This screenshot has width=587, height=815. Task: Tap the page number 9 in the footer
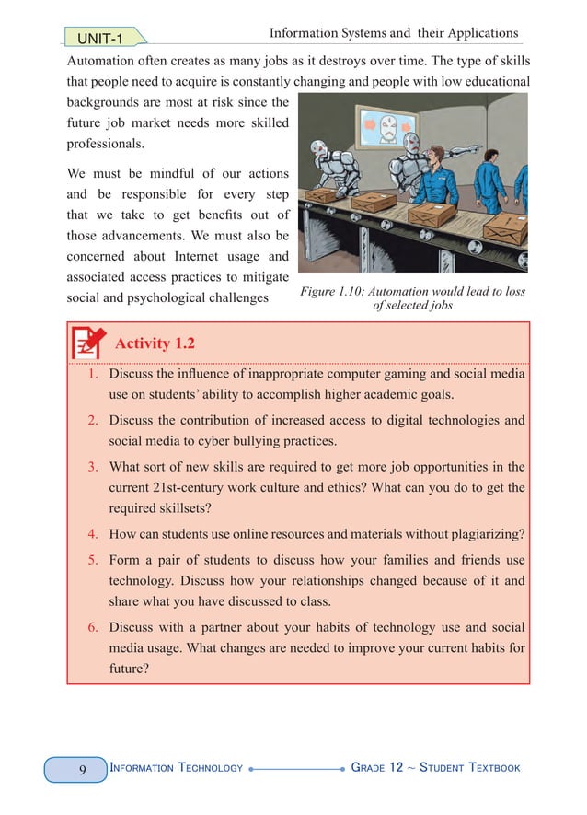(82, 768)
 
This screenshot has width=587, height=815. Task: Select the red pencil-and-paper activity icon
(88, 342)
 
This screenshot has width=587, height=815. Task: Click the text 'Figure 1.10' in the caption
(335, 292)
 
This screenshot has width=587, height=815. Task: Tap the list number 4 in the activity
(94, 533)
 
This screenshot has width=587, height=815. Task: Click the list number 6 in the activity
(94, 627)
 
